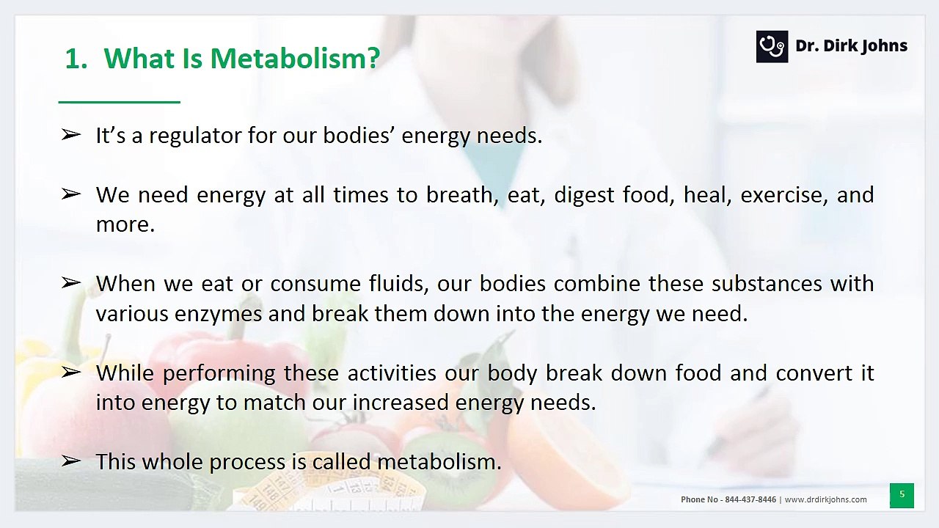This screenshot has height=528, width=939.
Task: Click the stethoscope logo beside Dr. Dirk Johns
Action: (772, 47)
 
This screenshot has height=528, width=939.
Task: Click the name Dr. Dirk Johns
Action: (851, 46)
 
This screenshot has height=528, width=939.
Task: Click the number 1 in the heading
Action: (73, 59)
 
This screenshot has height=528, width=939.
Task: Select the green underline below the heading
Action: (119, 102)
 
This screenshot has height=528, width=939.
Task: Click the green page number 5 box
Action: (902, 495)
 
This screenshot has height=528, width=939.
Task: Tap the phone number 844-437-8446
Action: (750, 499)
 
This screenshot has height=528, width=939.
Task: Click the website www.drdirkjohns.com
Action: (825, 499)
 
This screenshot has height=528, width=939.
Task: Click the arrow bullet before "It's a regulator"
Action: (70, 134)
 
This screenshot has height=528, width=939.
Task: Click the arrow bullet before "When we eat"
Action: (70, 282)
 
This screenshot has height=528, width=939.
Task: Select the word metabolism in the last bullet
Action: (439, 462)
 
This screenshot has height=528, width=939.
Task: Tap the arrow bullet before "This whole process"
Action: (70, 461)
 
